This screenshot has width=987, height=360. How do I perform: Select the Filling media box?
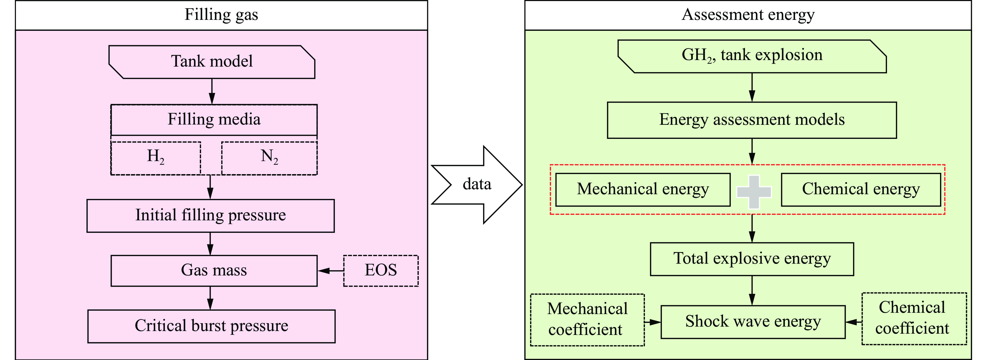point(214,120)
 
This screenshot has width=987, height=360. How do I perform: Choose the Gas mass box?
point(214,271)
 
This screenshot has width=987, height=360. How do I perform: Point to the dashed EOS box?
point(381,271)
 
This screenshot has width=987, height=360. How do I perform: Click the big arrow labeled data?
point(477,185)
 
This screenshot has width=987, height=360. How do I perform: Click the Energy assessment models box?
point(752,120)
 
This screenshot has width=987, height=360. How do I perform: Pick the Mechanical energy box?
point(643,190)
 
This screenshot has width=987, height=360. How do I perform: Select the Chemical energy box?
point(861,190)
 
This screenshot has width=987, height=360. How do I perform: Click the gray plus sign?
point(754,192)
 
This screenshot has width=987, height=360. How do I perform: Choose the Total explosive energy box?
point(752,259)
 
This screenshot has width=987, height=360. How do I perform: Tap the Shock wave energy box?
point(753,322)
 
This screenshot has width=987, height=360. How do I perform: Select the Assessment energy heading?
point(748,15)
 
